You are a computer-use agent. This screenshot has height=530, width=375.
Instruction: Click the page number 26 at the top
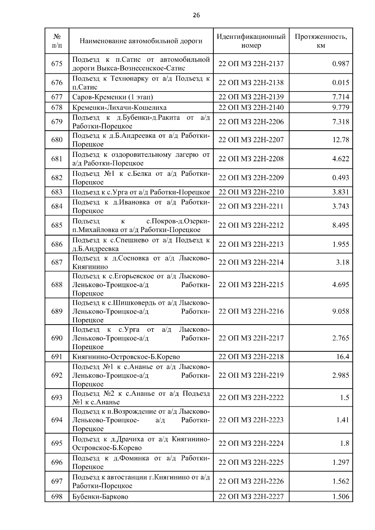coord(196,15)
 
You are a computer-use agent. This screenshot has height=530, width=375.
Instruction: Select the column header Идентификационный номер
coord(251,41)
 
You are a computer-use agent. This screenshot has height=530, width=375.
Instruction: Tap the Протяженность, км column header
coord(321,41)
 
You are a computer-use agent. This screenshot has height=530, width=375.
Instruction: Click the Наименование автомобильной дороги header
coord(141,41)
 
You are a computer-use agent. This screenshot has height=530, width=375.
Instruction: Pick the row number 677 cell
coord(57,97)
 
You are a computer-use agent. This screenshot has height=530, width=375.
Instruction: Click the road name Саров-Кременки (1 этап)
coord(113,97)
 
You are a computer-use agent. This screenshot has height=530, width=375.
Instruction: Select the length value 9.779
coord(340,107)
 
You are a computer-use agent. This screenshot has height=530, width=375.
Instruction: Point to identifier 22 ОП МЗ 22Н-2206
coord(251,121)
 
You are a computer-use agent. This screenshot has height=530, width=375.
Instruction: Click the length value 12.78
coord(341,140)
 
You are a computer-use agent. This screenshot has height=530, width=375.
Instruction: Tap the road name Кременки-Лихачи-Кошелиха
coord(119,107)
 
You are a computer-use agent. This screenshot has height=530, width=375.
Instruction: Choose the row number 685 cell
coord(57,225)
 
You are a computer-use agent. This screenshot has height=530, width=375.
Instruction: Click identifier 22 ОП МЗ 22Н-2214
coord(251,262)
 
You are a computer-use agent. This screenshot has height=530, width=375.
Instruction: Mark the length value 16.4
coord(342,357)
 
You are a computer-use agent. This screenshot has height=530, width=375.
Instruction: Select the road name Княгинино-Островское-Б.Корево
coord(126,357)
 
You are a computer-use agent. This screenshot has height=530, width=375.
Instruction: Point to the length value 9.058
coord(340,311)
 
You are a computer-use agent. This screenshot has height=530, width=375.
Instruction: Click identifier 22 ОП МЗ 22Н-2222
coord(251,398)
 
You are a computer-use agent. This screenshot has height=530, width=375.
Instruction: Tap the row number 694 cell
coord(57,420)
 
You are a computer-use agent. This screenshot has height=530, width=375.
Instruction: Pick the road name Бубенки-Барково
coord(100,497)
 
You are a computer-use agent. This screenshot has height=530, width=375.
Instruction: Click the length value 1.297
coord(340,462)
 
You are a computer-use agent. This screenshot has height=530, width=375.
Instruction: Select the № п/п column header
coord(57,41)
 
